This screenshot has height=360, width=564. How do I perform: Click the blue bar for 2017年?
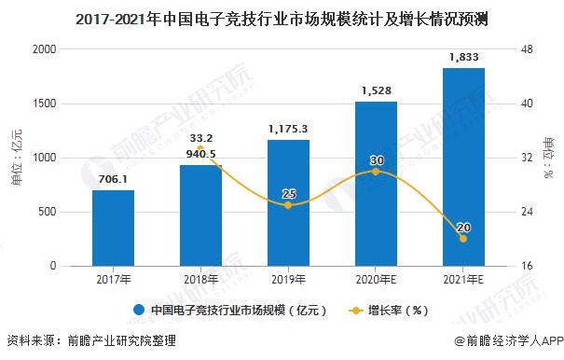click(x=113, y=228)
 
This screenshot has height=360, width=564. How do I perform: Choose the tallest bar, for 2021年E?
click(x=463, y=167)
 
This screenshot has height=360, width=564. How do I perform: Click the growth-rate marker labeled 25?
click(x=288, y=205)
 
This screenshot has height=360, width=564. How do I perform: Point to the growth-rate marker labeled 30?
click(x=376, y=172)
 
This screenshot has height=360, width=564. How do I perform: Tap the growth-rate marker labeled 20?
click(x=463, y=239)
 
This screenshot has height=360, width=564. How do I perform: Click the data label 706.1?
click(x=113, y=177)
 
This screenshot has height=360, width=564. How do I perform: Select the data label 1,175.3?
click(x=288, y=127)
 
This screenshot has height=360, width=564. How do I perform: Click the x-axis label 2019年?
click(x=288, y=278)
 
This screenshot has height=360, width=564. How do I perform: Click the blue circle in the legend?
click(x=139, y=310)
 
